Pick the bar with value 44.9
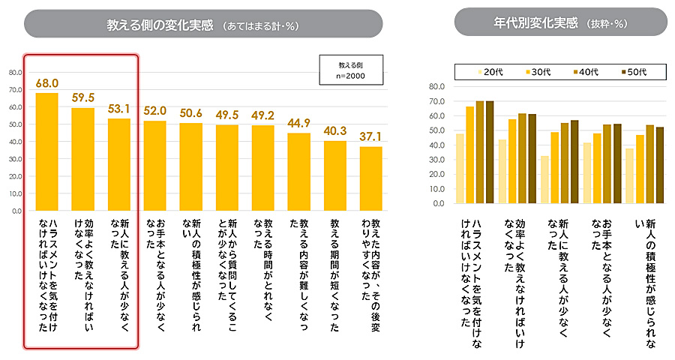coord(298,172)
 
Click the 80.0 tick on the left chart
coord(15,73)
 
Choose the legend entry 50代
coord(634,72)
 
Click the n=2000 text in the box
coord(351,76)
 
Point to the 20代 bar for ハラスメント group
coord(460,168)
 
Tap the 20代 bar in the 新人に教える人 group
coord(544,179)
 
